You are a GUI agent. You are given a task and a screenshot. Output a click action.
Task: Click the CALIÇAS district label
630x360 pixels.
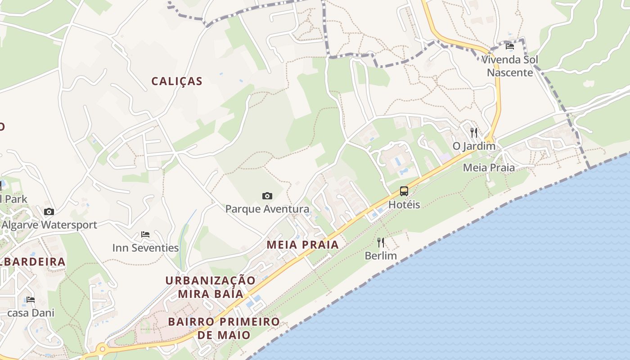click(x=177, y=81)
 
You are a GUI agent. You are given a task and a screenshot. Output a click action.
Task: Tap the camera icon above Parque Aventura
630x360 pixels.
click(x=267, y=196)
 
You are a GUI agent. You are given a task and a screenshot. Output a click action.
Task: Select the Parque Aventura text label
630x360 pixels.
click(x=267, y=209)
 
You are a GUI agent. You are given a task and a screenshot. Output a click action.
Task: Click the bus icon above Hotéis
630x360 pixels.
click(x=404, y=191)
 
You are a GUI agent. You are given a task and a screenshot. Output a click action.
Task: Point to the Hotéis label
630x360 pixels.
click(x=404, y=205)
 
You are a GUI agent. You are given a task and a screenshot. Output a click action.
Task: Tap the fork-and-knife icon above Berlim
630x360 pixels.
click(x=381, y=243)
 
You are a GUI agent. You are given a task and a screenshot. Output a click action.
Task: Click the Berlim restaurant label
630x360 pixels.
click(x=381, y=256)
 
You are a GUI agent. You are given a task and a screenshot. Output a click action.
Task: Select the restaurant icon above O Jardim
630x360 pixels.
click(x=473, y=132)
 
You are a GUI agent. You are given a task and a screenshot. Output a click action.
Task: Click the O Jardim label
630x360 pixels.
click(x=474, y=146)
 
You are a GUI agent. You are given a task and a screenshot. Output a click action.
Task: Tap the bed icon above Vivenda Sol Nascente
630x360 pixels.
click(x=510, y=46)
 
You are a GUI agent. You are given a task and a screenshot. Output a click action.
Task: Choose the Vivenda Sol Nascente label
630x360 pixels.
click(x=510, y=66)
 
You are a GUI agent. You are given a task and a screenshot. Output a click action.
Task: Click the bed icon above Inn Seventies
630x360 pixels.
click(x=145, y=234)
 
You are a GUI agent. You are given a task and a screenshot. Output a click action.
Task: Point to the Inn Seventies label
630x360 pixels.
click(x=145, y=248)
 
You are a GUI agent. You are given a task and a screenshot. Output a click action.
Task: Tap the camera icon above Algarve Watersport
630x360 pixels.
click(x=49, y=211)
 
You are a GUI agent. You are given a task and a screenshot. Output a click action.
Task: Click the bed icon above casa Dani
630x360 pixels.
click(x=31, y=299)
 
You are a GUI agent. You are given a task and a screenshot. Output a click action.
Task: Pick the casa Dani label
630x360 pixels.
click(x=31, y=313)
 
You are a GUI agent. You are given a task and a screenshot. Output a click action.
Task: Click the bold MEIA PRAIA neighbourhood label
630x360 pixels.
click(x=302, y=245)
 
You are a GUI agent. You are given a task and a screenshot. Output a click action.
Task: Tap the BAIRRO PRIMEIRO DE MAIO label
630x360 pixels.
click(x=224, y=328)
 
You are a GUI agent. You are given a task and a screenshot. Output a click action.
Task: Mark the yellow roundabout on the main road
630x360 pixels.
click(x=102, y=349)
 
